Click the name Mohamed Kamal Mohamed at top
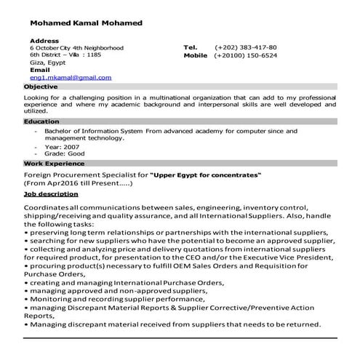[x=87, y=23]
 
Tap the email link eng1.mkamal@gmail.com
[x=71, y=77]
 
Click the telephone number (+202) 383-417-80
[x=245, y=47]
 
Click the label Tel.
[x=191, y=47]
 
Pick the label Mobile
[x=195, y=55]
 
